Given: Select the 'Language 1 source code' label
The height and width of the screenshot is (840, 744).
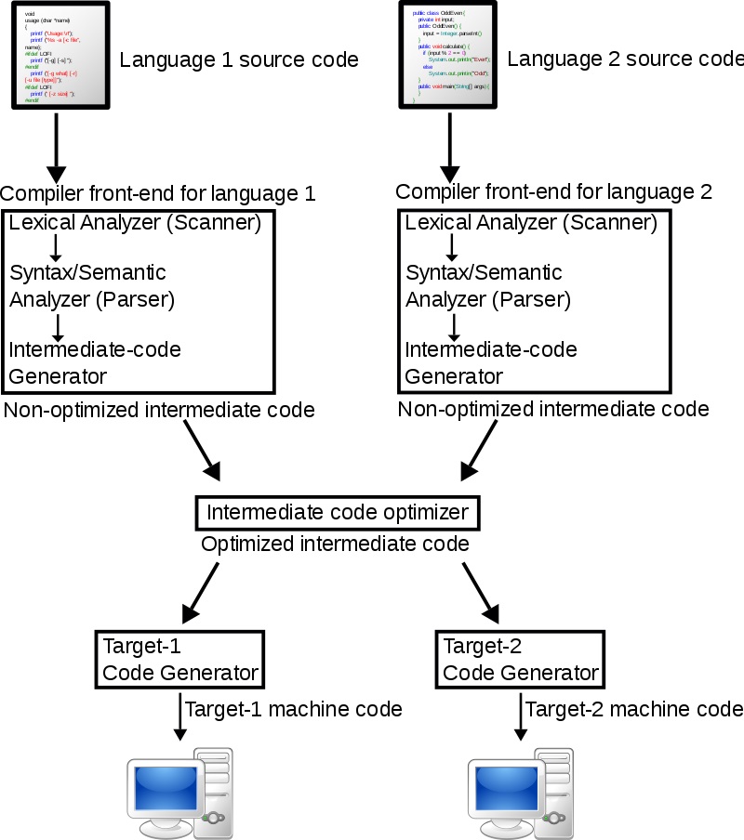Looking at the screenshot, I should [x=239, y=60].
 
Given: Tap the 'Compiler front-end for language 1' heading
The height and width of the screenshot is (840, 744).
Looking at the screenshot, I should [x=158, y=194].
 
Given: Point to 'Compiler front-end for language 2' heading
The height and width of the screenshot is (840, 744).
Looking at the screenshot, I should [x=553, y=192].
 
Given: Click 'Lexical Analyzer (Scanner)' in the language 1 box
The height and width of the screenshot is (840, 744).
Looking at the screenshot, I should [x=135, y=223].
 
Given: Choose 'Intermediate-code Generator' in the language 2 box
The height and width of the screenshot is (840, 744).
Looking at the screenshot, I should [x=491, y=363].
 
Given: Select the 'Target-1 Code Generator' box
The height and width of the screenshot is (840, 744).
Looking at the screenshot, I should [x=179, y=660].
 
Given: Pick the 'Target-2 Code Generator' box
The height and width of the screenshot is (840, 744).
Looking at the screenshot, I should [x=520, y=660].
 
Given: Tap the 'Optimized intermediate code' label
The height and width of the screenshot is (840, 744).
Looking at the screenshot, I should [x=335, y=545].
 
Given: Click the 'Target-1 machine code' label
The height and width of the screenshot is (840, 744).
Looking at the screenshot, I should [x=294, y=709].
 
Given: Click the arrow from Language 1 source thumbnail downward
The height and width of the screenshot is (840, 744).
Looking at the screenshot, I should [x=56, y=149].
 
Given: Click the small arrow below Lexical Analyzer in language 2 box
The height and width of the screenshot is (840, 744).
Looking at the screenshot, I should [x=452, y=247].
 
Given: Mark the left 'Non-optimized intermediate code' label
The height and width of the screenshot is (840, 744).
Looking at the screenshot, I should [x=158, y=410].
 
